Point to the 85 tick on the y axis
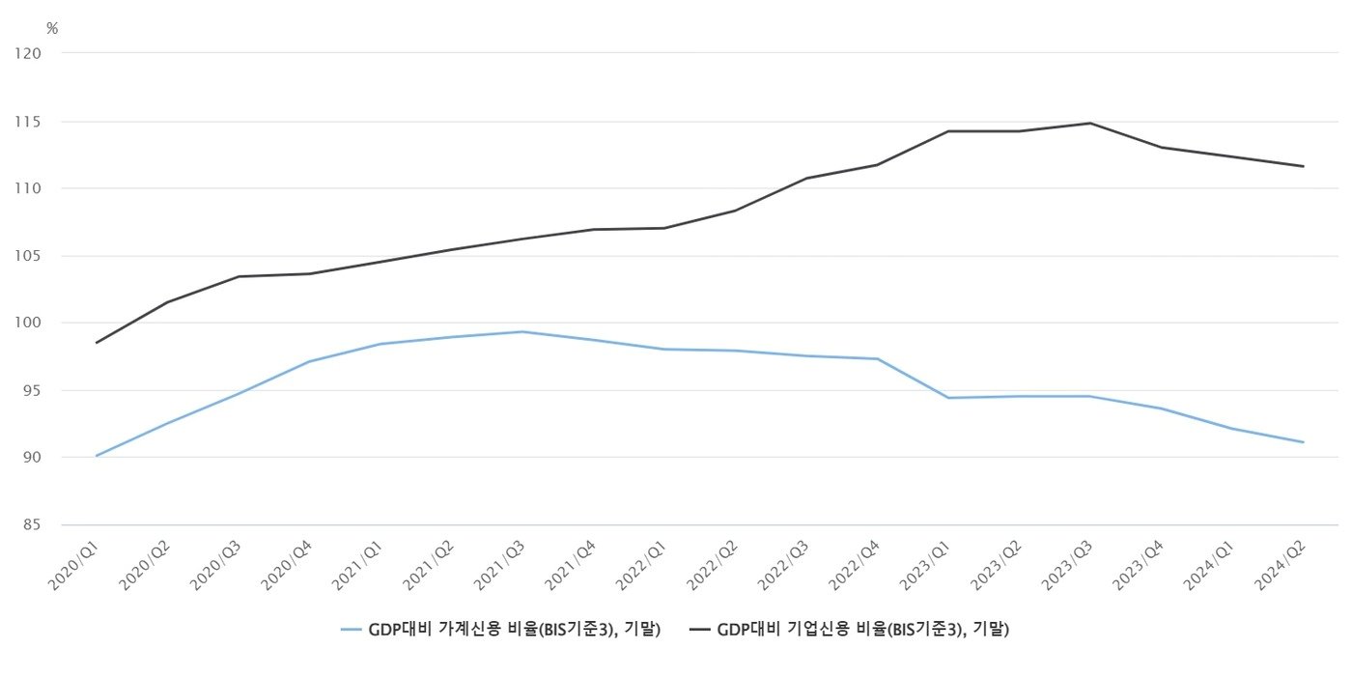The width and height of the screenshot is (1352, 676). coord(31,525)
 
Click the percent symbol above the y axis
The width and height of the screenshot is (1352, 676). coord(52,29)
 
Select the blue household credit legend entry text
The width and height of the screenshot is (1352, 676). coord(514,630)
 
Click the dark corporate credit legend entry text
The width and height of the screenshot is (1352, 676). coord(863,630)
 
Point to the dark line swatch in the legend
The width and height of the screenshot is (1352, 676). coord(701,630)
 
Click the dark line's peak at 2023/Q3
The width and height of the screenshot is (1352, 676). coord(1090,123)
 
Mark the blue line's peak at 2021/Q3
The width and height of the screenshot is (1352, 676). coord(522,332)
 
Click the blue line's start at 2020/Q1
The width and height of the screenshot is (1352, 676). coord(97,456)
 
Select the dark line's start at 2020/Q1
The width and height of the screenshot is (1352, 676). coord(97,343)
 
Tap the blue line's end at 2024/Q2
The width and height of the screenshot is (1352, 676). coord(1304,442)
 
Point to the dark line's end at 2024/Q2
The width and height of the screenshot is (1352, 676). coord(1304,166)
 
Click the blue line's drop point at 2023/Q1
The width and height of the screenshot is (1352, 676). coord(948,398)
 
